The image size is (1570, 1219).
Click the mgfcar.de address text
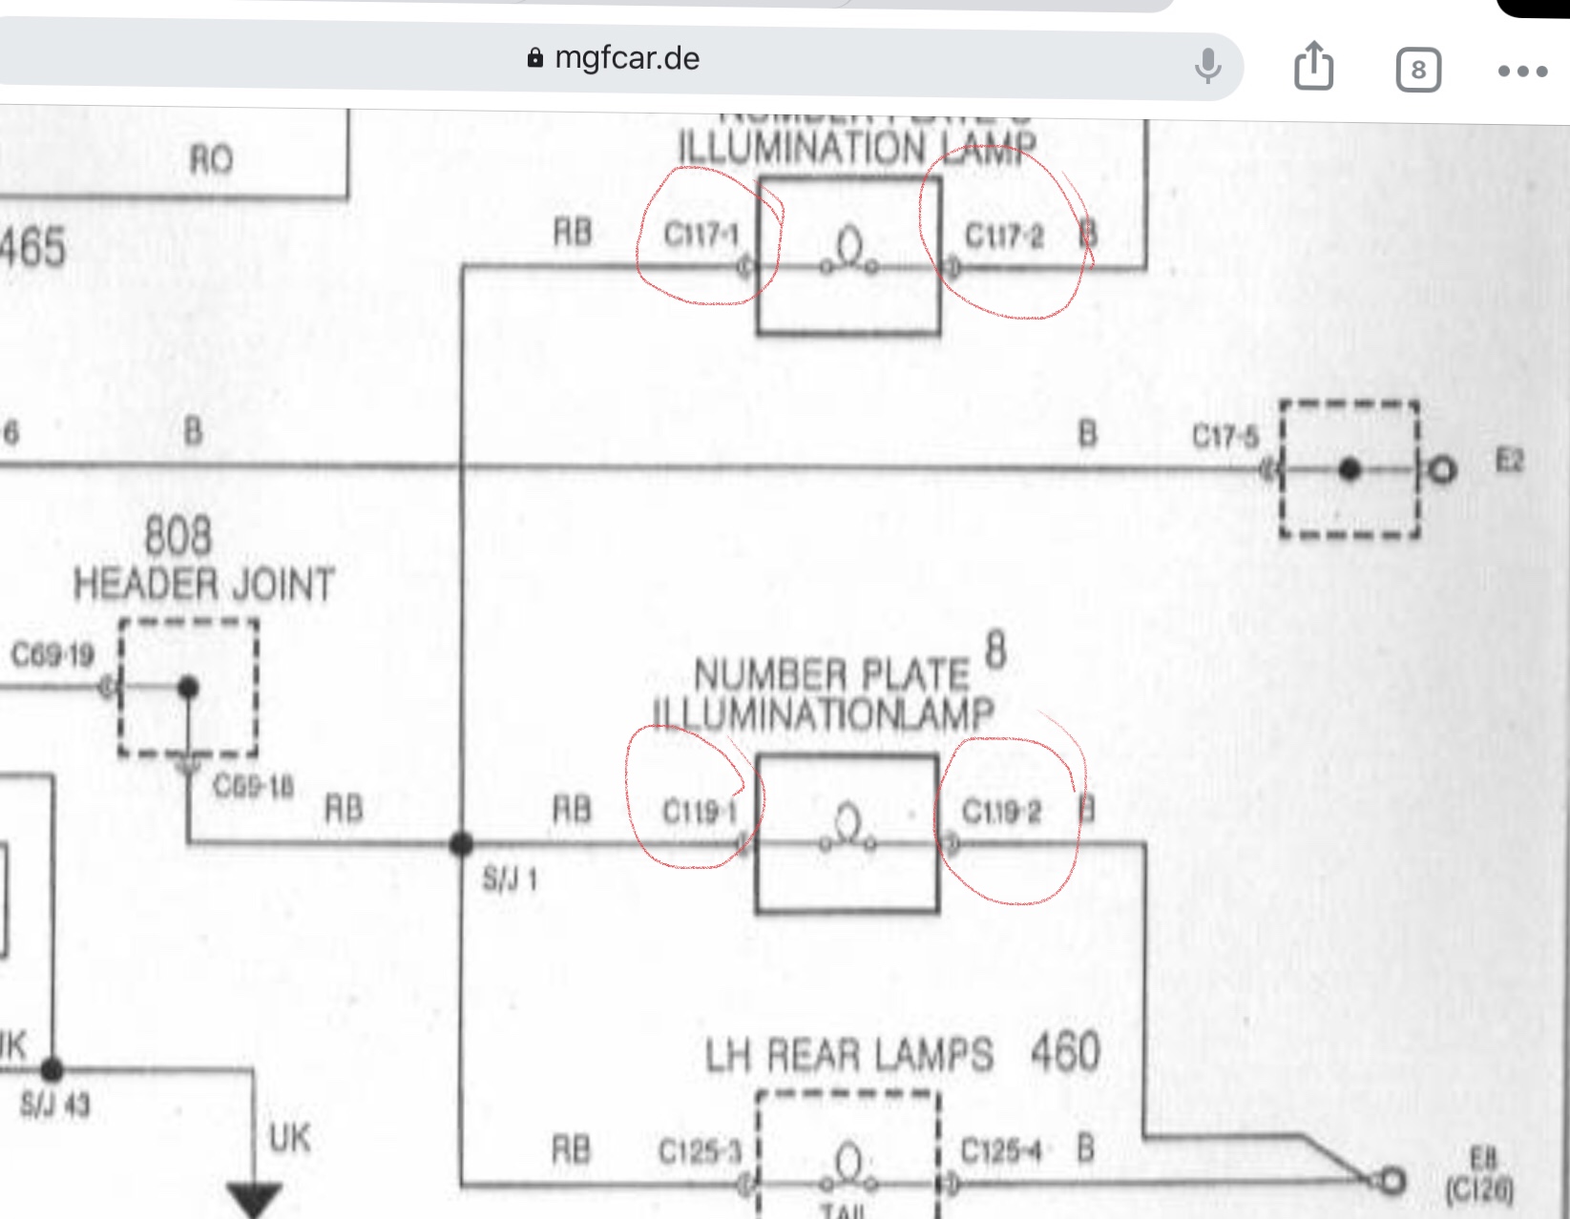(626, 58)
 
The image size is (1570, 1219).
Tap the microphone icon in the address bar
(1207, 65)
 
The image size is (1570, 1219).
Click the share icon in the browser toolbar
(1313, 66)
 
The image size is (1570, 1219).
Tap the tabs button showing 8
(1417, 70)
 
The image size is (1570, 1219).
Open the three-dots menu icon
(1522, 71)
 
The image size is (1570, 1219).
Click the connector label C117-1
(701, 235)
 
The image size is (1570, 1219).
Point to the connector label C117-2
(1004, 236)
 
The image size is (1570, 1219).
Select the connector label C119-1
(700, 812)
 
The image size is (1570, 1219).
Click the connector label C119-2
(1001, 812)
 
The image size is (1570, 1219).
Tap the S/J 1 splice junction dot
(461, 843)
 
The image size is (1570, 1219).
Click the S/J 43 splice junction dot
(52, 1069)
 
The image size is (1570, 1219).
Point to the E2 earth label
(1509, 463)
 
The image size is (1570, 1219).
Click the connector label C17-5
(1225, 437)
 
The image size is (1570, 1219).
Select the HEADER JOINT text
(204, 585)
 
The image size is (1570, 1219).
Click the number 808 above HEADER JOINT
(178, 535)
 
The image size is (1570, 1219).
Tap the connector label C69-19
(52, 655)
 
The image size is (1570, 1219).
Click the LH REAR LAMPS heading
(848, 1056)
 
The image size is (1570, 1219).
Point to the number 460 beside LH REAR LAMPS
(1065, 1052)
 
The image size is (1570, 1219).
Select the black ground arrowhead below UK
(254, 1198)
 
